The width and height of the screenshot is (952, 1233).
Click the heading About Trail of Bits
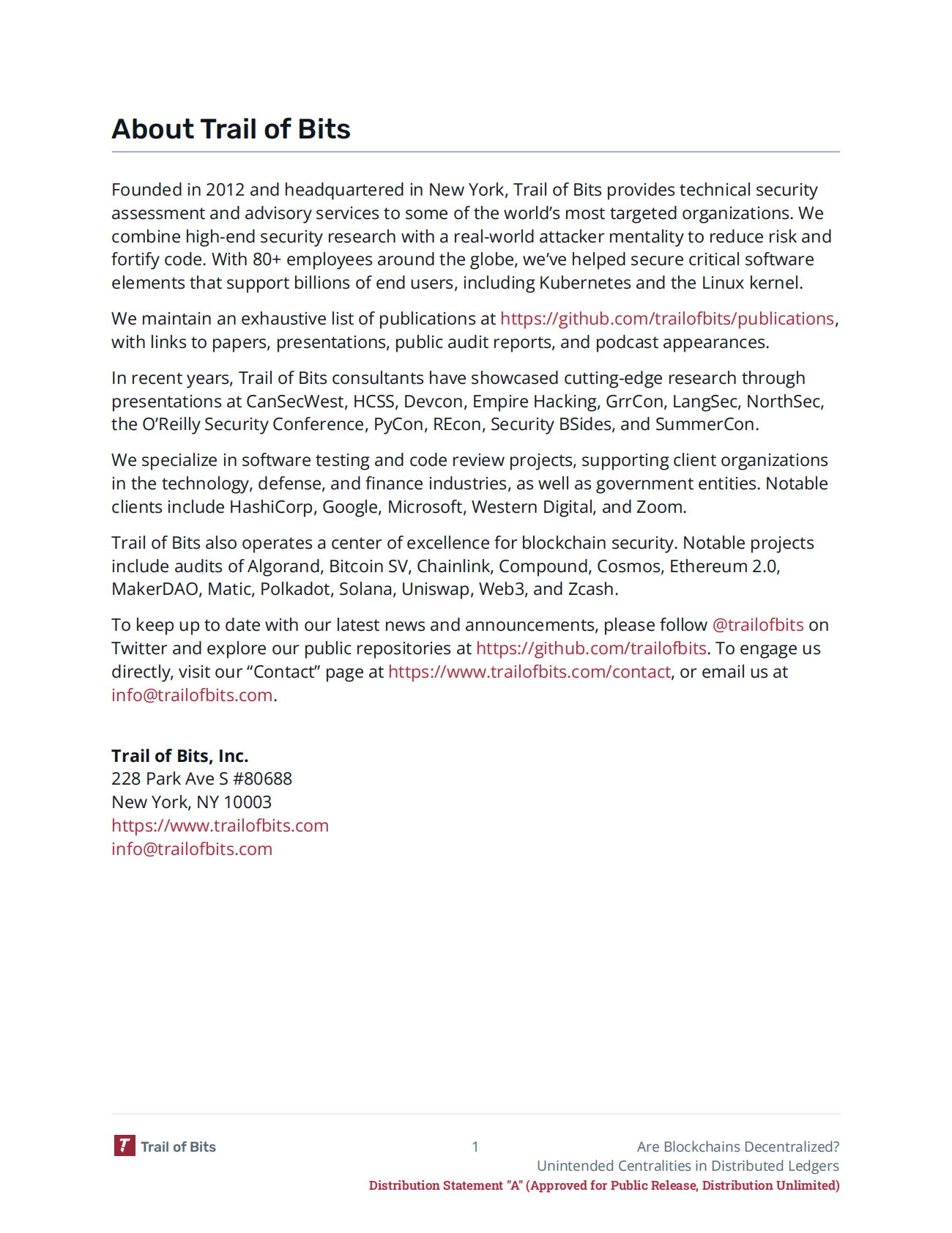click(231, 129)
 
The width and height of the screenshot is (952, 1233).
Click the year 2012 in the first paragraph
click(225, 190)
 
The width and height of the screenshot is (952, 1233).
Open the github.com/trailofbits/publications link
click(666, 319)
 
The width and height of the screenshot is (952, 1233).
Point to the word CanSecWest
click(295, 401)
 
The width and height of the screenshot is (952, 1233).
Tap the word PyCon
click(398, 424)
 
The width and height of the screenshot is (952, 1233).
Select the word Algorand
click(284, 566)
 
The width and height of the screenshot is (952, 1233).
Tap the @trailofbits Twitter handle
click(758, 625)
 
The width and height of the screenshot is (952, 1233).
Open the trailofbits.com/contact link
click(529, 672)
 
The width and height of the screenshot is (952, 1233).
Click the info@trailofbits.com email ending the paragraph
click(192, 695)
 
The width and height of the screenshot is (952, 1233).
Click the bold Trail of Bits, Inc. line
click(180, 756)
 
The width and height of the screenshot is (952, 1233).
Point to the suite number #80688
click(262, 779)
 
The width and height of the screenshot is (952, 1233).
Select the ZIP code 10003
click(248, 802)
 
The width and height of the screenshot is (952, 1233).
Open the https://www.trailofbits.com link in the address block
click(220, 826)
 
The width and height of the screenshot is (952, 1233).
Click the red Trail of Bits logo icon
click(124, 1146)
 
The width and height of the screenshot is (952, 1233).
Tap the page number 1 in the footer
click(475, 1147)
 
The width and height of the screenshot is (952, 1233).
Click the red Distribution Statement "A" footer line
click(603, 1185)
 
